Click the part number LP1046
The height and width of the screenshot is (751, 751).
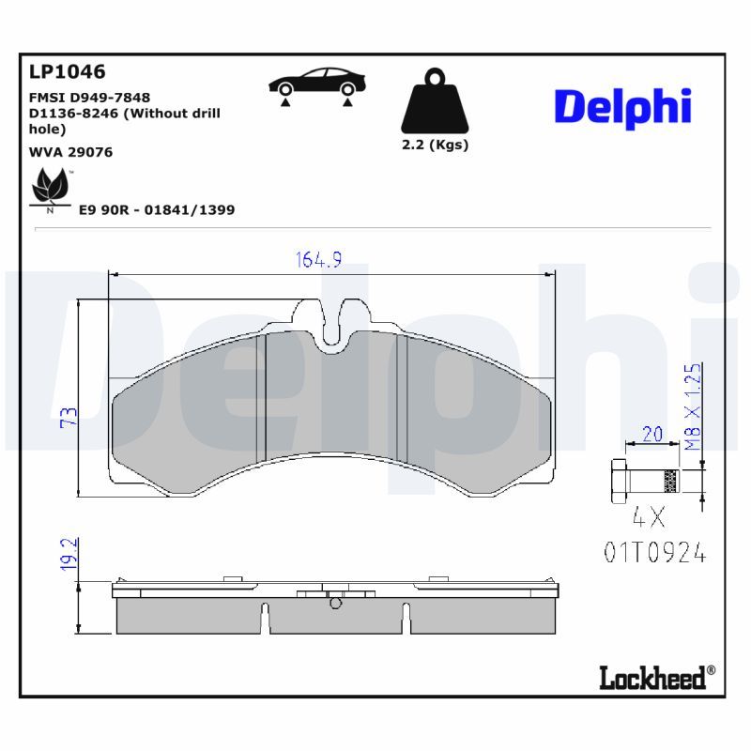(67, 72)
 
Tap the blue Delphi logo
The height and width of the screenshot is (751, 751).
(622, 108)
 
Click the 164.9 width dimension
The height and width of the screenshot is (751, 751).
(318, 260)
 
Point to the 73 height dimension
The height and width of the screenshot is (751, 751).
(69, 417)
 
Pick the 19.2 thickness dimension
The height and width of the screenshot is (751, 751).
(69, 554)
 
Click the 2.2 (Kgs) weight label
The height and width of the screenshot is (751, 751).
(435, 145)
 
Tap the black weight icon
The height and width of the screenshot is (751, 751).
(435, 100)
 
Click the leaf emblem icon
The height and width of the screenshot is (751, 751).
(50, 187)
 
